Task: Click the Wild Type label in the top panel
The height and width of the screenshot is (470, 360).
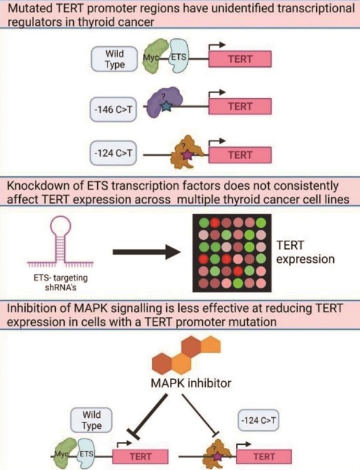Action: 115,59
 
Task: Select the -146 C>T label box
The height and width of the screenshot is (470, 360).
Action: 113,109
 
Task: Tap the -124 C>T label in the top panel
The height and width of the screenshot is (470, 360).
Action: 113,153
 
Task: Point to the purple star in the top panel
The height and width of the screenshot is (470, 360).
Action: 187,155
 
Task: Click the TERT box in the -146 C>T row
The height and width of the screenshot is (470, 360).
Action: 240,106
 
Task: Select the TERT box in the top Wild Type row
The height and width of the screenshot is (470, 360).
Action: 240,59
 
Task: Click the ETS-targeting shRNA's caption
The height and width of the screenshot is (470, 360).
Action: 61,282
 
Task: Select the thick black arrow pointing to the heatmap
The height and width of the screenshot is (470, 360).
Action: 147,252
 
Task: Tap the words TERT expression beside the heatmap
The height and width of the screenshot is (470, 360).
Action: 305,252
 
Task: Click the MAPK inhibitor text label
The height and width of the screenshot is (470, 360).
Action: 191,383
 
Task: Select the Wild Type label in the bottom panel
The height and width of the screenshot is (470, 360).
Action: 91,420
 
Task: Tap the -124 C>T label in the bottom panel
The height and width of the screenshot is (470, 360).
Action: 258,420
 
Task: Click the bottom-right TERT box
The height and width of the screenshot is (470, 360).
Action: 264,456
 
